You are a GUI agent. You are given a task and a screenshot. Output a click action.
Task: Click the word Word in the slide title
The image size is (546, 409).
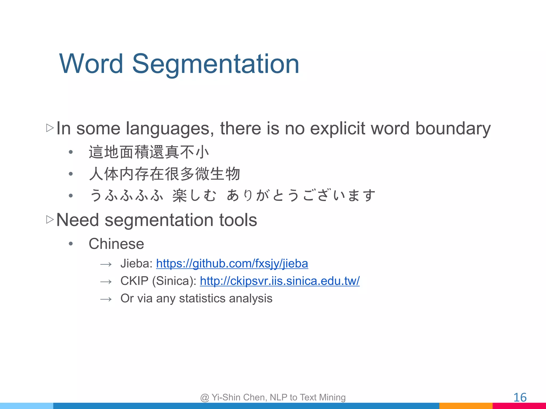click(x=91, y=64)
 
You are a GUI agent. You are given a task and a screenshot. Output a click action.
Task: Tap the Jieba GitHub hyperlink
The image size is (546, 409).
click(x=232, y=264)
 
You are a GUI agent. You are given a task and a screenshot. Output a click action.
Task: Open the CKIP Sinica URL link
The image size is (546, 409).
click(x=280, y=281)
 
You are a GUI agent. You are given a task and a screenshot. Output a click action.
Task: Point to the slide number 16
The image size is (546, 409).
click(x=520, y=398)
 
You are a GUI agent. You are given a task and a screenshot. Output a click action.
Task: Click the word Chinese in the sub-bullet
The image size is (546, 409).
click(x=116, y=244)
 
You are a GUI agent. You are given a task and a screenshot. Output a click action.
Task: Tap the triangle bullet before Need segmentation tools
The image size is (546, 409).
click(x=50, y=220)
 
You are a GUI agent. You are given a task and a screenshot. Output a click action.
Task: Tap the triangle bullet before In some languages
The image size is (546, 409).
click(x=50, y=128)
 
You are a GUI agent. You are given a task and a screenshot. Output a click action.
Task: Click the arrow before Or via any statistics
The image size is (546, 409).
click(x=106, y=299)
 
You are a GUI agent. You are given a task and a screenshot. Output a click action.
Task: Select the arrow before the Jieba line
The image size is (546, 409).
click(x=106, y=264)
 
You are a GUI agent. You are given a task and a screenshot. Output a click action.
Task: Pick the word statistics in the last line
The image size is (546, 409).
click(x=202, y=298)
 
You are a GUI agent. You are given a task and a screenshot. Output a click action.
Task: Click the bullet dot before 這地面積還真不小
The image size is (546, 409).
click(x=71, y=152)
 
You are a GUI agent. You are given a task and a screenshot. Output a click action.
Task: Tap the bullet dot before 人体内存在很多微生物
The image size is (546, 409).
click(x=71, y=174)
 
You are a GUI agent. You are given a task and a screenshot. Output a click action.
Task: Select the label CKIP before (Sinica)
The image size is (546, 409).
click(x=134, y=281)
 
